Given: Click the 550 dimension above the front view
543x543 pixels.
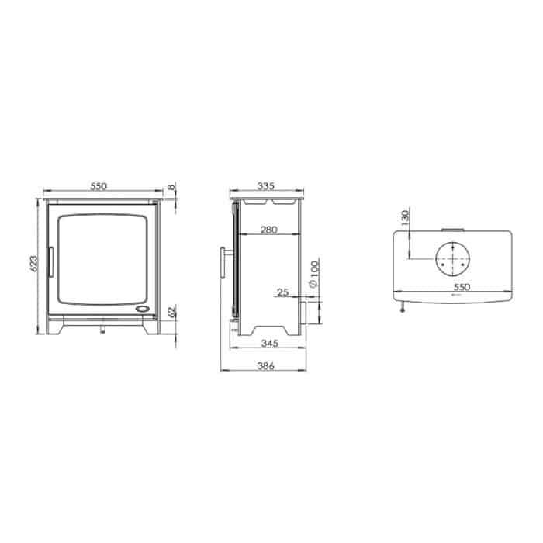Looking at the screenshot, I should click(x=99, y=186).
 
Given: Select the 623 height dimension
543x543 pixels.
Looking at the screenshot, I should click(x=33, y=265).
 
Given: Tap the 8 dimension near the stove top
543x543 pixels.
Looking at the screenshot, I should click(x=172, y=187).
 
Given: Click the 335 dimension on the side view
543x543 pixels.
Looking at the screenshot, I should click(x=265, y=186).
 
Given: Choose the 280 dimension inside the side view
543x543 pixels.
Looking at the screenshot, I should click(x=269, y=230).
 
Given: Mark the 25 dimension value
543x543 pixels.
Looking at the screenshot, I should click(x=282, y=292).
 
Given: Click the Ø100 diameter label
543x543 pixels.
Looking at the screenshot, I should click(x=312, y=275).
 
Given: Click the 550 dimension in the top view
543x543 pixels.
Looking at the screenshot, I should click(x=455, y=285).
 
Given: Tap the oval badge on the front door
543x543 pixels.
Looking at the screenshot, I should click(x=145, y=309).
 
